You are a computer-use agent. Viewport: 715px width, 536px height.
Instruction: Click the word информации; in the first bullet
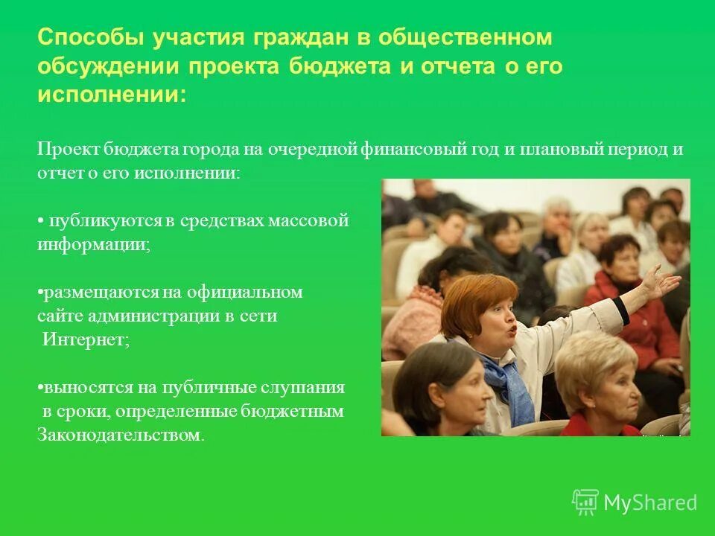(94, 244)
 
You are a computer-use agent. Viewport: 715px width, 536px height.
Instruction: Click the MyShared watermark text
(649, 503)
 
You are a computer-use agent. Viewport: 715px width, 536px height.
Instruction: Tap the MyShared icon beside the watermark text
(585, 502)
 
